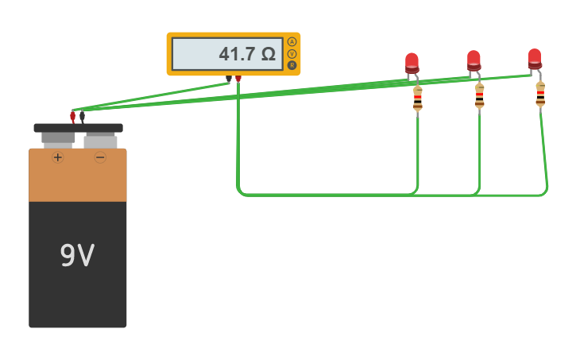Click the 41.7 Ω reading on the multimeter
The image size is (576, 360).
(246, 54)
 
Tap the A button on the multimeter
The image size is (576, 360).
(292, 41)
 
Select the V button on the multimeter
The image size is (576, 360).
(292, 53)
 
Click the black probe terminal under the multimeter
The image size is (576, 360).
(229, 79)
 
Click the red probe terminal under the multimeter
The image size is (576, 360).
(238, 79)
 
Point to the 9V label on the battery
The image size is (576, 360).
(77, 256)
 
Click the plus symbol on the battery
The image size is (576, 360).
(57, 157)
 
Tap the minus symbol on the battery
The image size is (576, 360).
(100, 157)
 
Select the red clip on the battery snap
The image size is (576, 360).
(72, 116)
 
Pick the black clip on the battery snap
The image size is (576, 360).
(82, 116)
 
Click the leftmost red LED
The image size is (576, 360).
(412, 63)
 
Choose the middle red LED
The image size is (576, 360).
(474, 60)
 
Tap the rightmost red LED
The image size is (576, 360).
(535, 58)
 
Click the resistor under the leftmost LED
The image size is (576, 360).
(417, 99)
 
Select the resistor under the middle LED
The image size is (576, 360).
(479, 95)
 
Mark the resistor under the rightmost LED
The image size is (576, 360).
(540, 93)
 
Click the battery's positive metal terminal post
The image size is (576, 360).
(57, 139)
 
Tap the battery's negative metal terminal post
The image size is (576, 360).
(100, 141)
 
